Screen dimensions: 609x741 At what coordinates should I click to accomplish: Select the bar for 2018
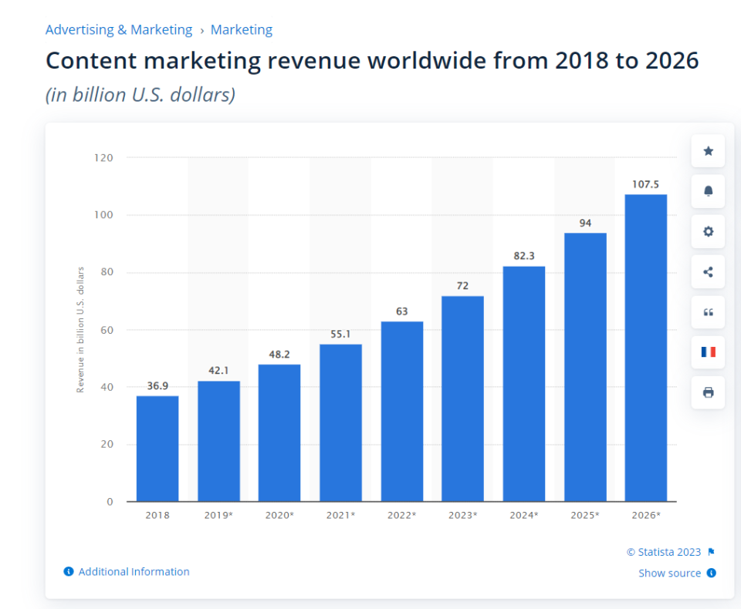coord(157,449)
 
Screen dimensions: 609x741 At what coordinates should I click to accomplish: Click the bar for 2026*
coord(646,348)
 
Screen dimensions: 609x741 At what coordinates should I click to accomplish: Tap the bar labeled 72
coord(462,399)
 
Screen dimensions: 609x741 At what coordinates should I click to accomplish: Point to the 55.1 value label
coord(340,334)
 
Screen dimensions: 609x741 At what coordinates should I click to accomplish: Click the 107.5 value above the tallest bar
coord(645,184)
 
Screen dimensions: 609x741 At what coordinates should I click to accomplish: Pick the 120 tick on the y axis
coord(103,157)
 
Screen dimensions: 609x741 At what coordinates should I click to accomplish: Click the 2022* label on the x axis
coord(402,515)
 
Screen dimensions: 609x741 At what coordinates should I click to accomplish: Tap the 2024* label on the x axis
coord(524,515)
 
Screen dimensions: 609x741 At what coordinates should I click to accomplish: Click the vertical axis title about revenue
coord(80,330)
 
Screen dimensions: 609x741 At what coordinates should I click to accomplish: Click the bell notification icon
coord(708,191)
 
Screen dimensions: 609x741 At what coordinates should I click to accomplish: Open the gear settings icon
coord(708,231)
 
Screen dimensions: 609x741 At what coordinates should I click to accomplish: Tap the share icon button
coord(708,272)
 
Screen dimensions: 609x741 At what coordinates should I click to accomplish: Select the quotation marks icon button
coord(708,312)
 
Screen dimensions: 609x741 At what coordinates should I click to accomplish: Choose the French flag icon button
coord(708,352)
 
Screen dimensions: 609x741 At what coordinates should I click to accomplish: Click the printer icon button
coord(708,392)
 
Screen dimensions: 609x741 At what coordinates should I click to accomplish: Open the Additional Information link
coord(134,572)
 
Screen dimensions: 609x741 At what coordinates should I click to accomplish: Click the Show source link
coord(669,573)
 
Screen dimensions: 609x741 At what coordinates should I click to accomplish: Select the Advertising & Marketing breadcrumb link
coord(119,30)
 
